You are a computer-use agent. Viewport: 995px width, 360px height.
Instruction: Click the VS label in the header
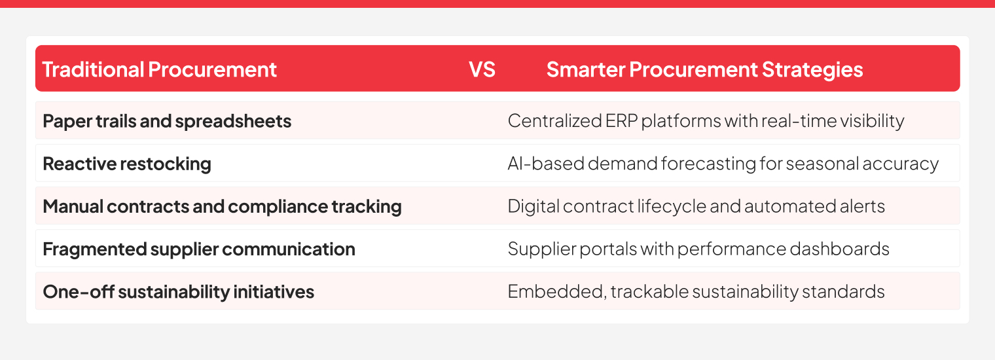tap(482, 69)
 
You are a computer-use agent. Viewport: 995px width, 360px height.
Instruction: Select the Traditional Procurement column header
tap(159, 69)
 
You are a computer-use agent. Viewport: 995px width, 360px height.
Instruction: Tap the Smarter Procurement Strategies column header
tap(704, 69)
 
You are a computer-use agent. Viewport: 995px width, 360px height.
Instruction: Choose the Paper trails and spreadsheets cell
tap(167, 121)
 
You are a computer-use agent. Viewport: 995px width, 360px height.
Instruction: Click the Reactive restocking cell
tap(127, 164)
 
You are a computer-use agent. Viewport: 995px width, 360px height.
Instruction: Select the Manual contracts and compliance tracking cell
tap(222, 206)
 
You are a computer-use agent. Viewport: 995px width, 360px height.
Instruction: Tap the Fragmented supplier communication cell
tap(199, 249)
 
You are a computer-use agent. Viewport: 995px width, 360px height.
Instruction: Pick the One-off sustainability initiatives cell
tap(178, 291)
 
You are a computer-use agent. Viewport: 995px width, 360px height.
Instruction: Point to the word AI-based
tap(545, 164)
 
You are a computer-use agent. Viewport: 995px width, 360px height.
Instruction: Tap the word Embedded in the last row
tap(554, 291)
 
